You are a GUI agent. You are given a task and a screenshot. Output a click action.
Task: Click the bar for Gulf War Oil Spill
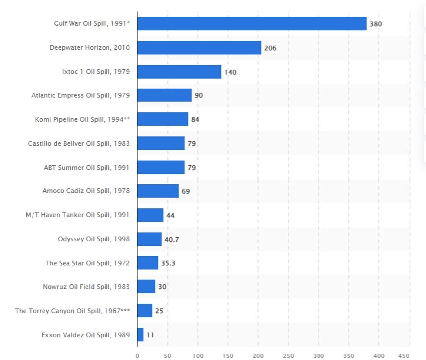tap(252, 23)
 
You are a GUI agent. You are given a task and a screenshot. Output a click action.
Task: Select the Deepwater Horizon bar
tap(199, 48)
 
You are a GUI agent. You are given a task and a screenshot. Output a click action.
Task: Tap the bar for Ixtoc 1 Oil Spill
tap(179, 72)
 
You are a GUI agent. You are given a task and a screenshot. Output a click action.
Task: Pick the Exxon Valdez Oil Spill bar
tap(140, 335)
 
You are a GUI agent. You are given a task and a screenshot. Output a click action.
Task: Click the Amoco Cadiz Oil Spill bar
tap(158, 191)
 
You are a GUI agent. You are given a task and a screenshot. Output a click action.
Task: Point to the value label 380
tap(376, 24)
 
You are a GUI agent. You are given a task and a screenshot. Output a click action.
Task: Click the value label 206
tap(270, 48)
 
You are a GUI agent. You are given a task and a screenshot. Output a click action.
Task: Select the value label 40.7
tap(172, 240)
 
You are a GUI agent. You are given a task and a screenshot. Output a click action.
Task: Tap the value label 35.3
tap(168, 263)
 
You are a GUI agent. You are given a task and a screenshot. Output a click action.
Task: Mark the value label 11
tap(150, 335)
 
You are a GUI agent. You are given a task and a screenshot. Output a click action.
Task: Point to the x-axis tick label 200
tap(258, 355)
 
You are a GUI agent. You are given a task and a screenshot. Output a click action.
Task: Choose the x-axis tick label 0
tap(137, 355)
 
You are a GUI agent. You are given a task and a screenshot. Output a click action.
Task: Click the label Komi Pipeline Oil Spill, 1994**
tap(83, 119)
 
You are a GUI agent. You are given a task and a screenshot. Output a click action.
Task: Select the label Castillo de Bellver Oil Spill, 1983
tap(79, 143)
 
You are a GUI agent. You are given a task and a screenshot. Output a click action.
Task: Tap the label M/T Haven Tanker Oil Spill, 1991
tap(78, 215)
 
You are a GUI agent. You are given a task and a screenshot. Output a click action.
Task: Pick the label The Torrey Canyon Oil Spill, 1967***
tap(73, 311)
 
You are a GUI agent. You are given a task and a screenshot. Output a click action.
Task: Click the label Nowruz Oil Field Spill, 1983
tap(87, 287)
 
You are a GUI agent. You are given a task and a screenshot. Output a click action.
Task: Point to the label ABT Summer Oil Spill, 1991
tap(87, 167)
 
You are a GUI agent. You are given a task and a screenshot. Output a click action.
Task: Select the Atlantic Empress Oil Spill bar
tap(164, 95)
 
